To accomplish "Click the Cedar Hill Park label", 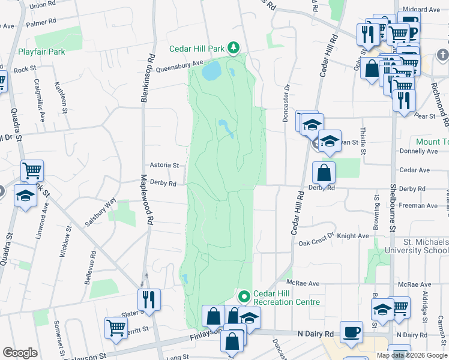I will coord(196,48).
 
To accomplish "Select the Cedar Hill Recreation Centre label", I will coord(286,298).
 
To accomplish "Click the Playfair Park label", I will coord(41,52).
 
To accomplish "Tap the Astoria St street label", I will coord(164,165).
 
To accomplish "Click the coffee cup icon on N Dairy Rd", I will coord(351,332).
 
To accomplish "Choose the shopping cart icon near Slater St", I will coord(116,328).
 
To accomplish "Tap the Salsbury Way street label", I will coord(100,212).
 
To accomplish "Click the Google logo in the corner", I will coord(20,353).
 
